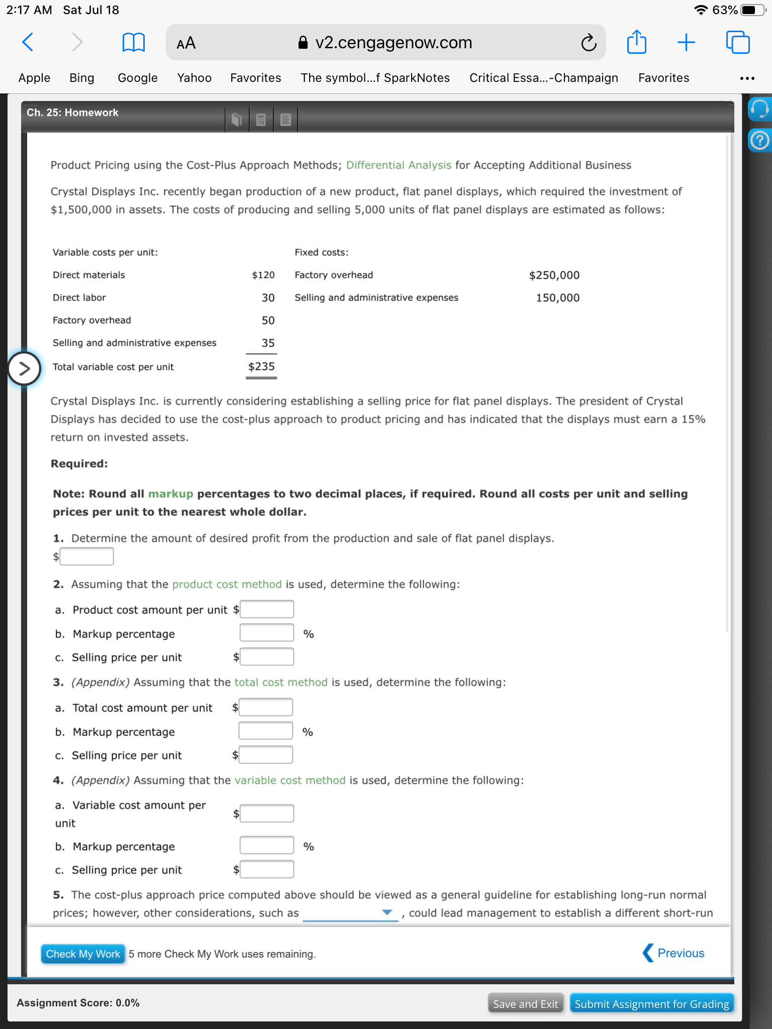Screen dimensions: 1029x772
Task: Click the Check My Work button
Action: [x=83, y=954]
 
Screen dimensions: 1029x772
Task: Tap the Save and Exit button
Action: [x=525, y=1004]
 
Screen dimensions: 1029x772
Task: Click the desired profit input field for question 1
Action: [x=86, y=556]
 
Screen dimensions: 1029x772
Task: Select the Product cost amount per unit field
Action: [x=266, y=609]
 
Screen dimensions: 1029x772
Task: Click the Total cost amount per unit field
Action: [x=265, y=707]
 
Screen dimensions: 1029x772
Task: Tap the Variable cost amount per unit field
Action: [x=266, y=813]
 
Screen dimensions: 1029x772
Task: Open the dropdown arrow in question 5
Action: [x=387, y=912]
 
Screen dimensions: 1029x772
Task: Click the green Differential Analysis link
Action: [x=399, y=165]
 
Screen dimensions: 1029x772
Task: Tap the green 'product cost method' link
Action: [x=227, y=584]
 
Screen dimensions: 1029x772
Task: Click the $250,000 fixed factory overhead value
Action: [x=554, y=275]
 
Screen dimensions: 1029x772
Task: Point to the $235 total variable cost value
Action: [x=261, y=367]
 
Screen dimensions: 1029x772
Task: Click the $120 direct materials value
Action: [x=263, y=275]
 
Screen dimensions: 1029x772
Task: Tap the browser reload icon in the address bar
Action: [x=589, y=43]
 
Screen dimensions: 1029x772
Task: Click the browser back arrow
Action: [x=28, y=42]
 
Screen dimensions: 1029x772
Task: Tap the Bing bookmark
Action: [x=82, y=78]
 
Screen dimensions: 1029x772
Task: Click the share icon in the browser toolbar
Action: [x=636, y=42]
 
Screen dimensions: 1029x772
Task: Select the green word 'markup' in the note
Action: [x=170, y=494]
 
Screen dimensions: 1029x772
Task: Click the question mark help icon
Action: [x=759, y=141]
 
